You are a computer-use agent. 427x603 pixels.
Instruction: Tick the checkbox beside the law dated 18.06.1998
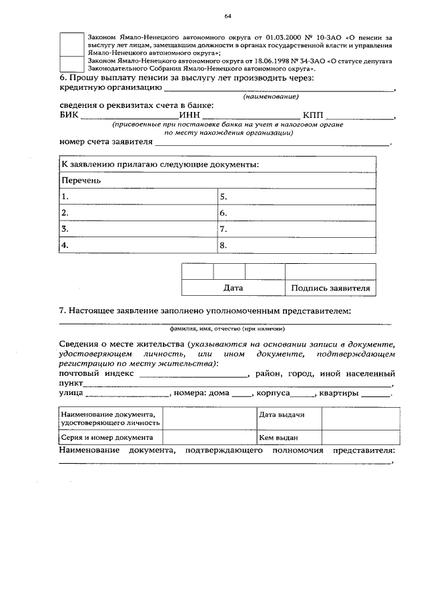pyautogui.click(x=71, y=64)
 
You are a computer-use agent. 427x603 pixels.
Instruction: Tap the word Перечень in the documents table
pyautogui.click(x=81, y=181)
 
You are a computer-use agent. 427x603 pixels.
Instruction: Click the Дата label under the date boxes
pyautogui.click(x=233, y=288)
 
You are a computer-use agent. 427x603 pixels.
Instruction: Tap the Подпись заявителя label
pyautogui.click(x=330, y=288)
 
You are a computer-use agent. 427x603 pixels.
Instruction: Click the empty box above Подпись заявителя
pyautogui.click(x=330, y=272)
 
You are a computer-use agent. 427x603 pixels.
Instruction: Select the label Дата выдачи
pyautogui.click(x=282, y=414)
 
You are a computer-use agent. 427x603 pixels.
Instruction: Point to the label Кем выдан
pyautogui.click(x=278, y=438)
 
